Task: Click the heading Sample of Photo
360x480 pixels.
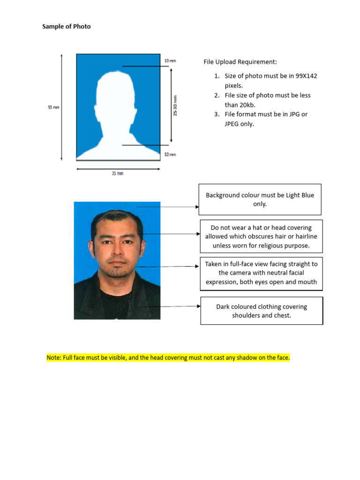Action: pyautogui.click(x=66, y=27)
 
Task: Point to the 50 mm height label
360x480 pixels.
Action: pyautogui.click(x=53, y=107)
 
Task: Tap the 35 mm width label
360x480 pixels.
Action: pyautogui.click(x=117, y=173)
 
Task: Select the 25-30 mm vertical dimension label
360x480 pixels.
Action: pyautogui.click(x=175, y=106)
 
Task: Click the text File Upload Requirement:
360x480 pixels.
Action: pyautogui.click(x=240, y=62)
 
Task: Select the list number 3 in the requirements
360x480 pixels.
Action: pyautogui.click(x=217, y=114)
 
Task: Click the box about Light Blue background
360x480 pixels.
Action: pyautogui.click(x=260, y=200)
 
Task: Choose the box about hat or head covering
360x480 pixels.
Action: pyautogui.click(x=261, y=237)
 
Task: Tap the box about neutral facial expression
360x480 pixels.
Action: pyautogui.click(x=261, y=273)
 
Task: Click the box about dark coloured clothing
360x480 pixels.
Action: pyautogui.click(x=261, y=311)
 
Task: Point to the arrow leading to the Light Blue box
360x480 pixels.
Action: pyautogui.click(x=169, y=207)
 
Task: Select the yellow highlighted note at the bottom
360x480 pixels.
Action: pyautogui.click(x=168, y=358)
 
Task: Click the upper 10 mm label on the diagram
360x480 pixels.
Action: pyautogui.click(x=170, y=61)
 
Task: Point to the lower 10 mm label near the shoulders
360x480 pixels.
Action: pyautogui.click(x=170, y=155)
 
